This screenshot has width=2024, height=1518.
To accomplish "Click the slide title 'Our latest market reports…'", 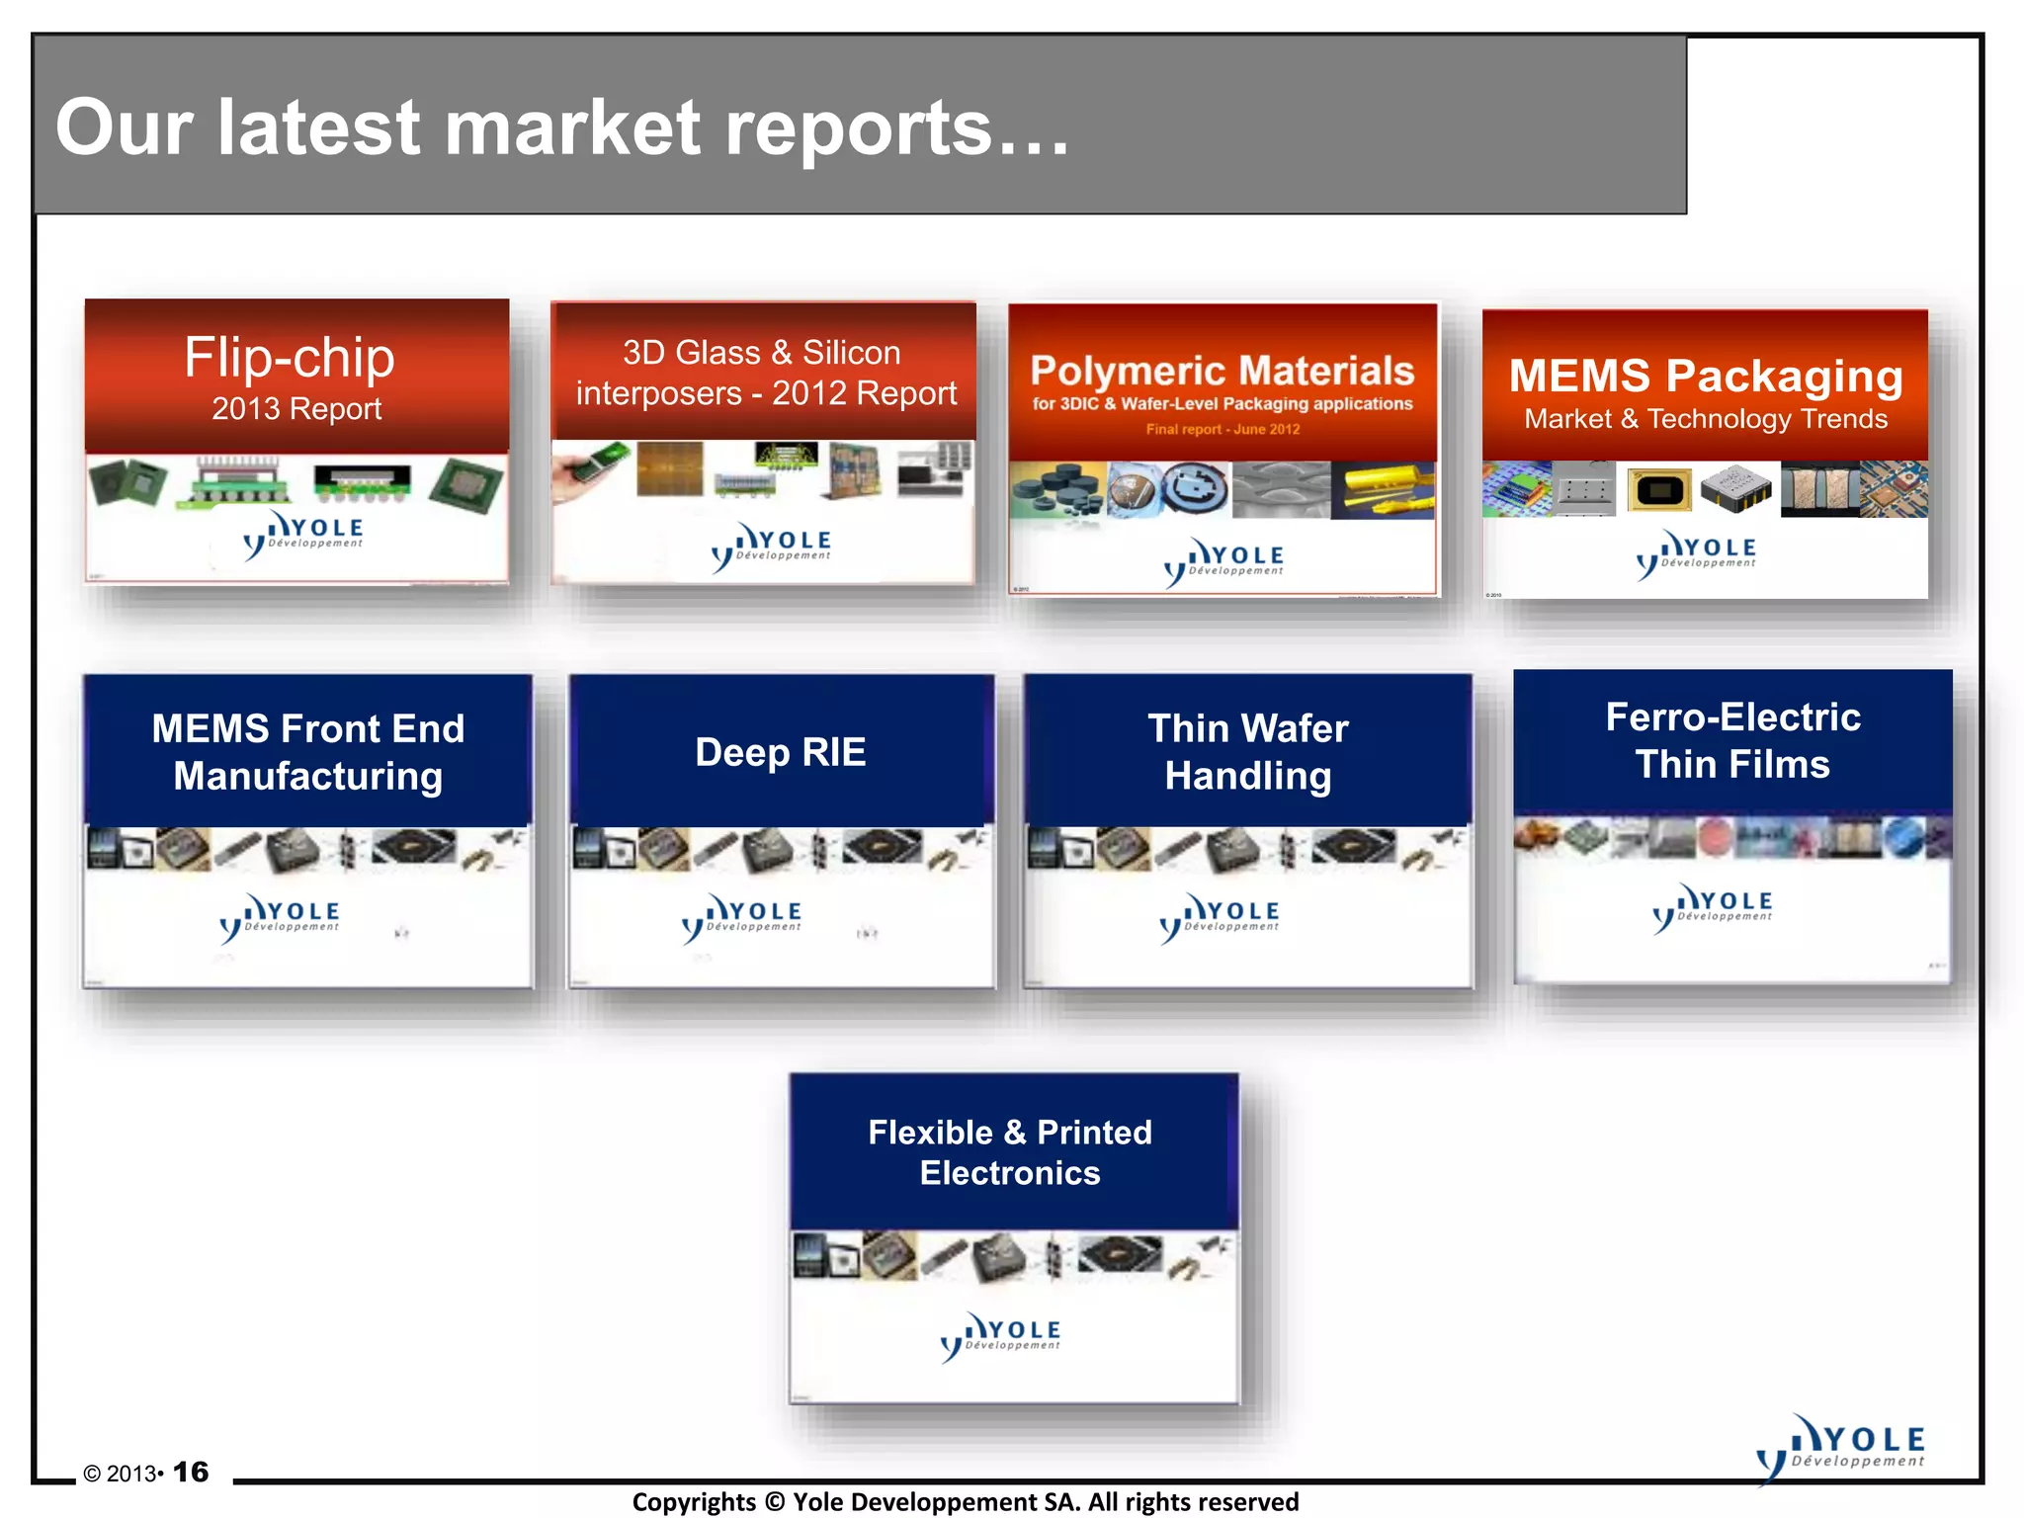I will click(x=562, y=127).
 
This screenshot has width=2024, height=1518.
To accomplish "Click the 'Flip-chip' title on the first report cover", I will click(x=290, y=357).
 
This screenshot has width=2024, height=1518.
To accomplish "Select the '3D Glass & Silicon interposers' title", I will click(x=766, y=373).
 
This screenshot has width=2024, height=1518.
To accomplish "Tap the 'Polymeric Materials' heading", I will click(x=1223, y=371).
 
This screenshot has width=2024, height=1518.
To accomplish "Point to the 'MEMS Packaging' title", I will click(x=1706, y=376).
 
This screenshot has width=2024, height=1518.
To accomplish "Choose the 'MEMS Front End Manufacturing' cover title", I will click(x=308, y=752).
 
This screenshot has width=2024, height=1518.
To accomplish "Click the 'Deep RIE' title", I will click(x=781, y=752).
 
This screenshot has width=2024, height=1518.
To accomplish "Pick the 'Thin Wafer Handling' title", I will click(x=1248, y=752).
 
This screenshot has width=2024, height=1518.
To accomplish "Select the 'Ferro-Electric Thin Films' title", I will click(x=1732, y=740).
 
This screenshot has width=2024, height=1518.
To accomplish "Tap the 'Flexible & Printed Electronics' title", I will click(x=1010, y=1152).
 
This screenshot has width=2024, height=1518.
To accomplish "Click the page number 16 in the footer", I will click(x=191, y=1472).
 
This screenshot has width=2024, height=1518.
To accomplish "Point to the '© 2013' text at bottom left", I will click(x=120, y=1474).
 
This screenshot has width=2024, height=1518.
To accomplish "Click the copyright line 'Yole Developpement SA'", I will click(x=965, y=1502).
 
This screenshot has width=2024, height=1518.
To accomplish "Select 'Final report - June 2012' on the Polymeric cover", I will click(x=1223, y=429).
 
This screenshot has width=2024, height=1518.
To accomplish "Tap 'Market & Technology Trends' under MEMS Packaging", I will click(x=1706, y=419).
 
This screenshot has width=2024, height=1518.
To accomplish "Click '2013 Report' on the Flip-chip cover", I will click(x=296, y=408).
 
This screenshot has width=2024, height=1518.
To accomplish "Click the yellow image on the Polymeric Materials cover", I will click(x=1382, y=490).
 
